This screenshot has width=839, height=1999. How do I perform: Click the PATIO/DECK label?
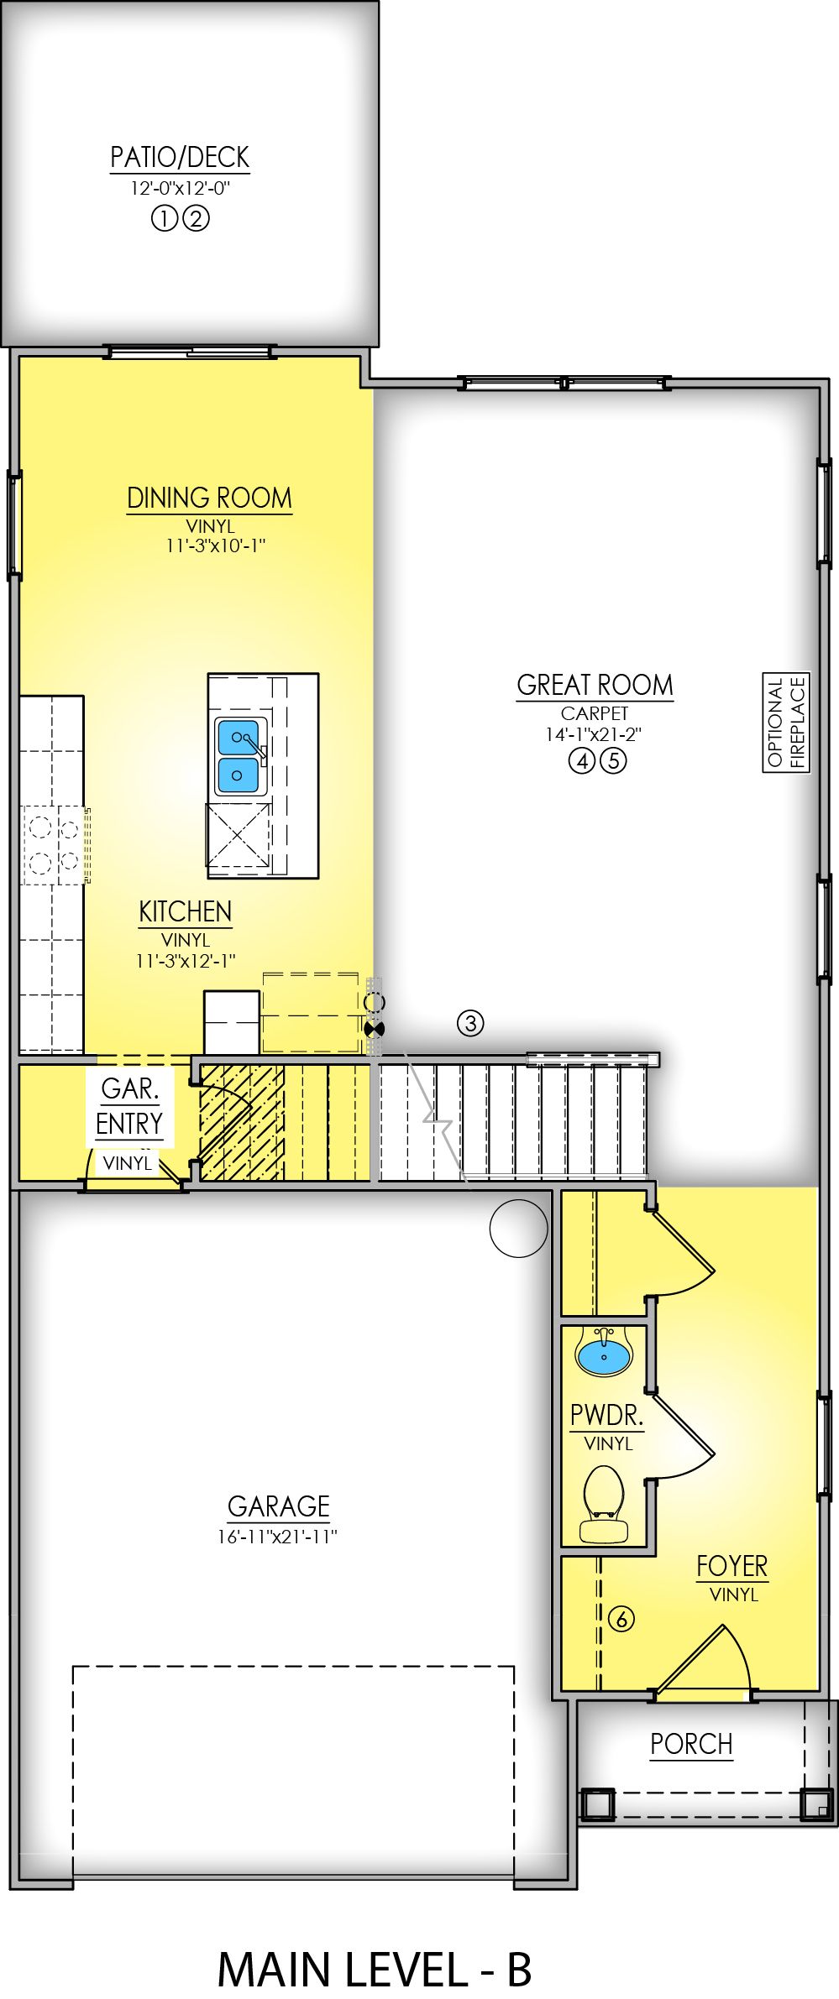180,158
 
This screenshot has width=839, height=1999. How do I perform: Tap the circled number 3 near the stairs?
470,1023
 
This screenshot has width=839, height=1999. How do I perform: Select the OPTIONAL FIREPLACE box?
786,723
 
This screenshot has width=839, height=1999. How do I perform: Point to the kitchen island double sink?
239,756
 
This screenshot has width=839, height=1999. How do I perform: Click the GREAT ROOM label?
595,685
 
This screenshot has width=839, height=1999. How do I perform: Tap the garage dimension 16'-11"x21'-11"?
278,1537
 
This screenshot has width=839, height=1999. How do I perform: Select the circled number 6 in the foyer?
621,1619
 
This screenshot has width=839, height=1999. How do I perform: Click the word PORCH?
691,1744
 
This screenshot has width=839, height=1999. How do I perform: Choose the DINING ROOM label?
209,498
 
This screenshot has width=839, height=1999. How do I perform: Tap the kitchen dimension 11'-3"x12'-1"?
186,961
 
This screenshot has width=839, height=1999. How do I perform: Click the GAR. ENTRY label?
129,1106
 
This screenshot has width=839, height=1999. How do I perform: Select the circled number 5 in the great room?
614,762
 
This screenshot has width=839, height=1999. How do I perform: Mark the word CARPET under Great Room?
595,713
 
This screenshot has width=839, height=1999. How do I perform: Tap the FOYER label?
732,1566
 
